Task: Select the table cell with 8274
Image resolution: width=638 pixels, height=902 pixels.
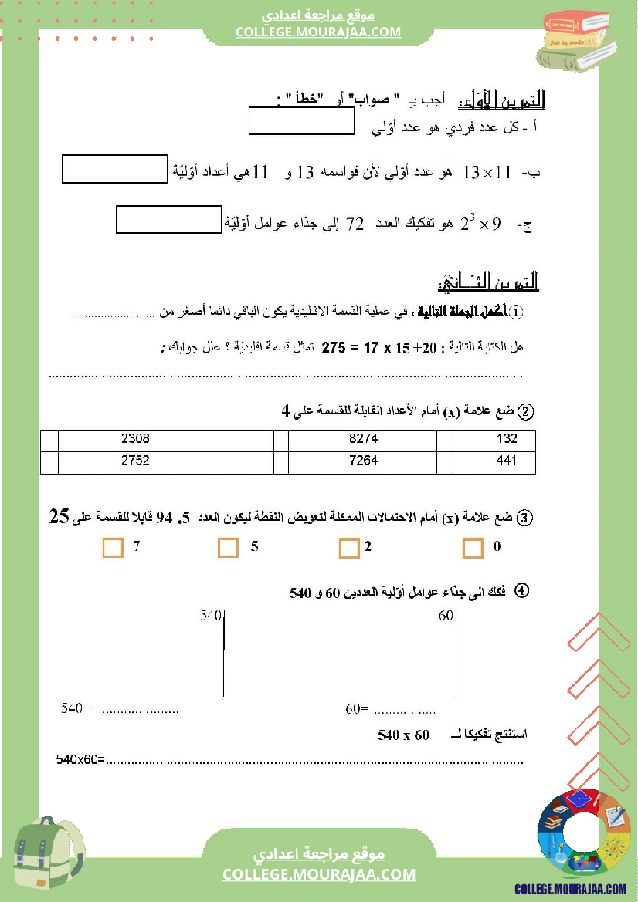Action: (x=363, y=439)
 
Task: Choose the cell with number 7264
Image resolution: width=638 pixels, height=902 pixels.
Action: (x=363, y=461)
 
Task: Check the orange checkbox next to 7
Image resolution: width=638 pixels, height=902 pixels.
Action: (x=113, y=548)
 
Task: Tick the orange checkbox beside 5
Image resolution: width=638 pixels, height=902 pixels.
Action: (x=228, y=548)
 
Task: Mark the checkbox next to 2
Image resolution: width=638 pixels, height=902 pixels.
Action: (x=349, y=549)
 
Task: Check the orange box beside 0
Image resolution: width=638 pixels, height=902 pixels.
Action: (x=473, y=548)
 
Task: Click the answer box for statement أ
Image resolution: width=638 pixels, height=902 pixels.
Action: (x=302, y=122)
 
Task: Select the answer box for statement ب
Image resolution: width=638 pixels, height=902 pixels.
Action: (x=115, y=170)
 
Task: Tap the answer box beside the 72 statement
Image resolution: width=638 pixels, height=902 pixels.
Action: (x=169, y=220)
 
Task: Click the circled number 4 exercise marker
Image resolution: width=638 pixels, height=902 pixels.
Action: (x=521, y=591)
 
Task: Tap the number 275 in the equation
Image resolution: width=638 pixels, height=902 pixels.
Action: (x=333, y=347)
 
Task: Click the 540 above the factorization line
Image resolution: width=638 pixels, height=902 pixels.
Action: (x=211, y=617)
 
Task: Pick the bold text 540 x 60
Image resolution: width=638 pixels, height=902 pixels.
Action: (x=403, y=735)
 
